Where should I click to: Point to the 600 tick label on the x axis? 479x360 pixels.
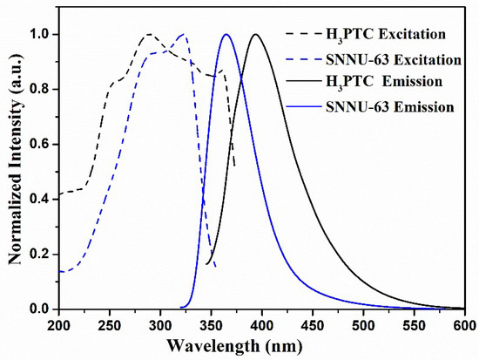(462, 324)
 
